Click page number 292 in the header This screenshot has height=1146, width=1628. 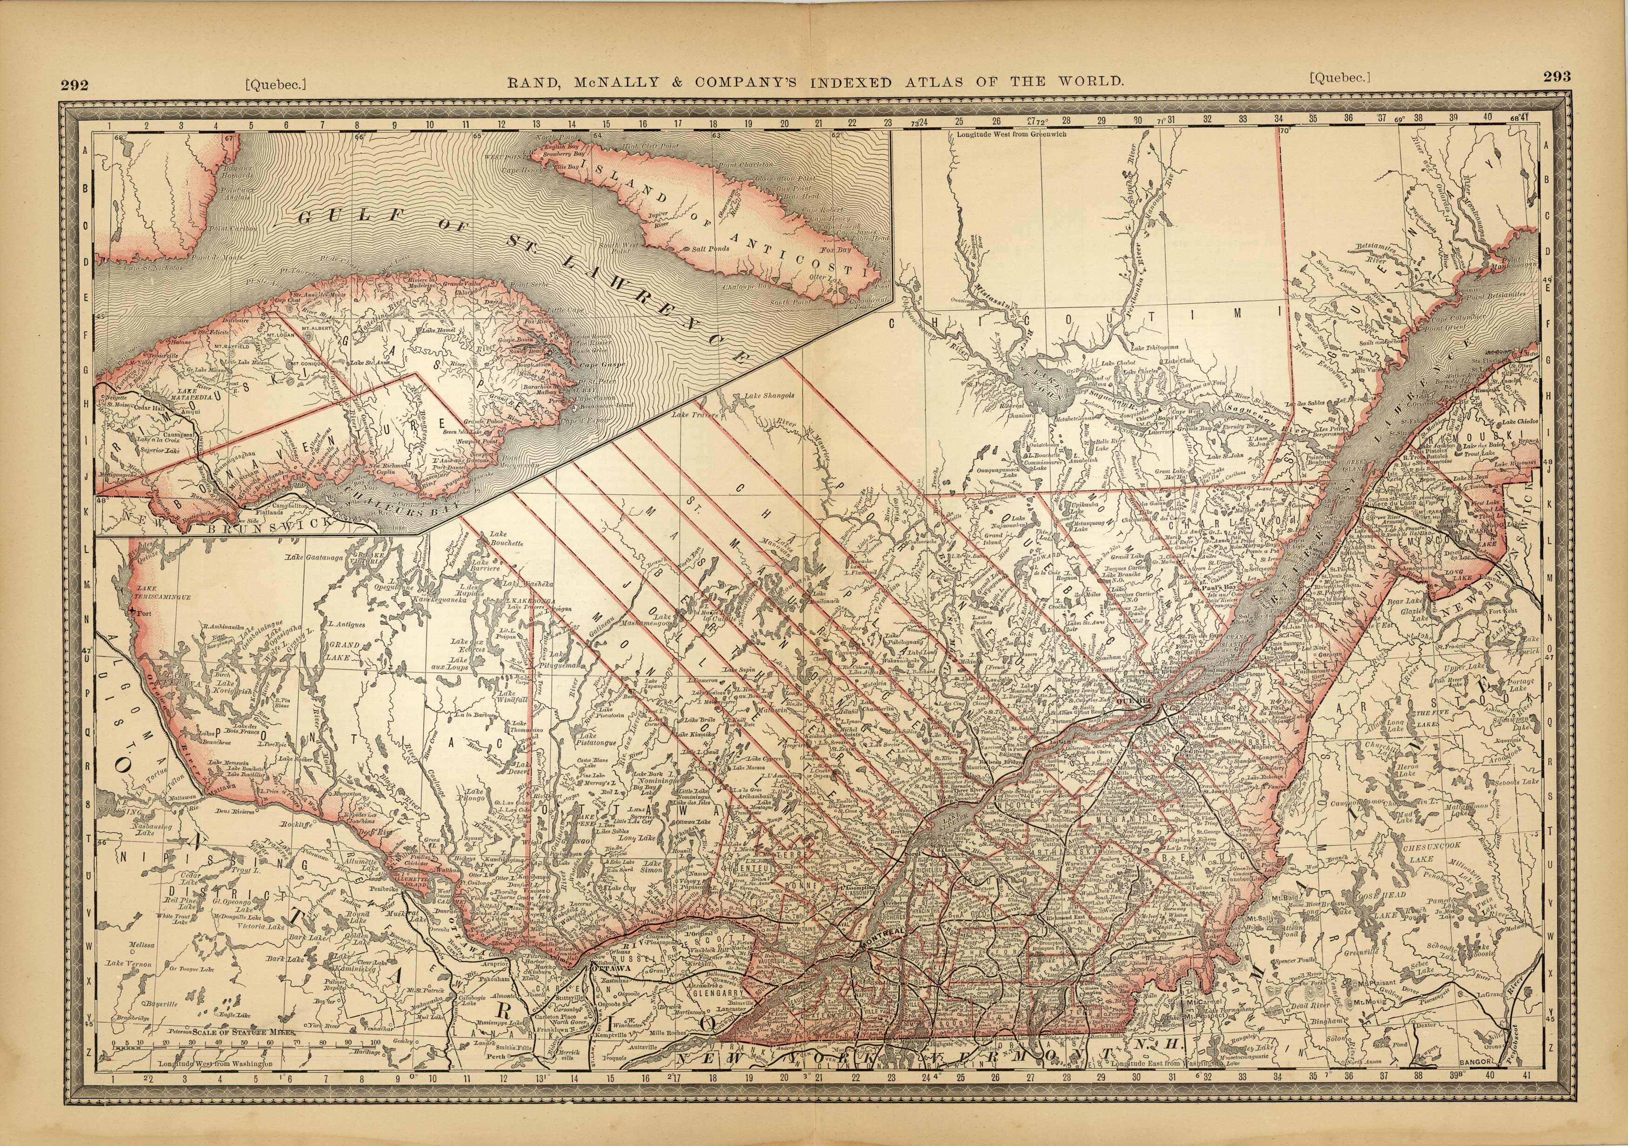pos(74,86)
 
